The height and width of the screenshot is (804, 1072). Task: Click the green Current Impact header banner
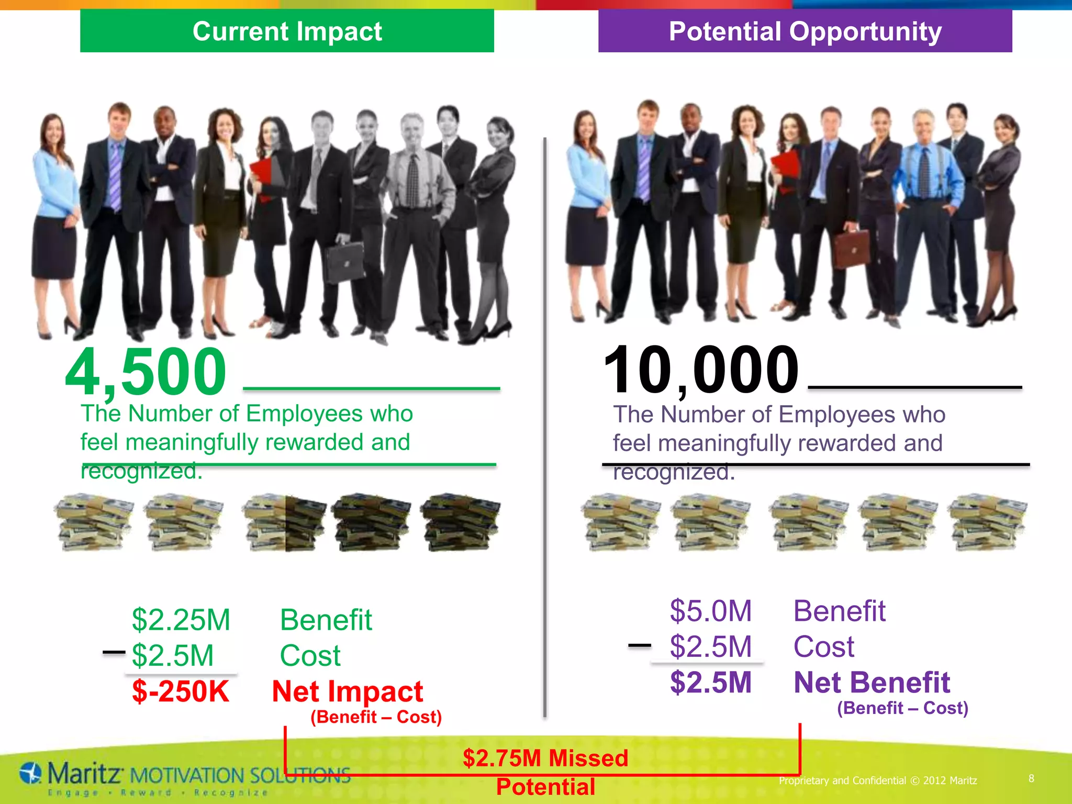[287, 31]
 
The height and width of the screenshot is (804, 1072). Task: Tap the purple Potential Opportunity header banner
[805, 31]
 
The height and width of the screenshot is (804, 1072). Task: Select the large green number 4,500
[146, 372]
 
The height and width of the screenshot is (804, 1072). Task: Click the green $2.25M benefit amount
[181, 620]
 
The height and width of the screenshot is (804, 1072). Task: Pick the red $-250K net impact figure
[181, 691]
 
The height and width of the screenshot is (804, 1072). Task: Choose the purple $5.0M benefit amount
[711, 611]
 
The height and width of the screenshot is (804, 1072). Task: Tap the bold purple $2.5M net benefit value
[711, 682]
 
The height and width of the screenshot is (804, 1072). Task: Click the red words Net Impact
[347, 691]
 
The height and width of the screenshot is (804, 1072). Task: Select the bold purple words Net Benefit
[872, 683]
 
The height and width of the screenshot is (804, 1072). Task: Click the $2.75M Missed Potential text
[545, 772]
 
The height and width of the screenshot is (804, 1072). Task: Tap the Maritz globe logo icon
[31, 773]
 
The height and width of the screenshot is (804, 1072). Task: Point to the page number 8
[1031, 778]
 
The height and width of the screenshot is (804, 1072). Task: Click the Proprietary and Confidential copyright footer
[878, 780]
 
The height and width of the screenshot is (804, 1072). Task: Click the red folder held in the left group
[262, 175]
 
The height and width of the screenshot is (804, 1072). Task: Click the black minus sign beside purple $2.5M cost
[639, 645]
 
